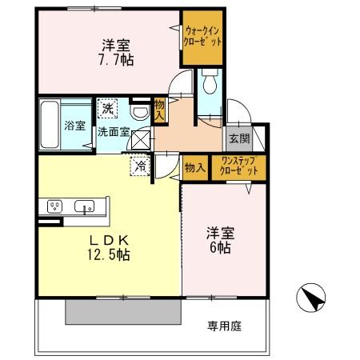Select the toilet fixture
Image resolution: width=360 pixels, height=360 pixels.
(210, 82)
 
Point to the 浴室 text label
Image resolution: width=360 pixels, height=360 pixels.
(74, 125)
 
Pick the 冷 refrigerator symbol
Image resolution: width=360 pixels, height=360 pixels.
(140, 167)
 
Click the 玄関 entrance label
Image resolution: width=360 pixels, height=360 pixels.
(238, 138)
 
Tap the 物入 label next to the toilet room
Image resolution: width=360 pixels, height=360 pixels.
(159, 110)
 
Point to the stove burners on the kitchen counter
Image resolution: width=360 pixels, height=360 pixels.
(55, 206)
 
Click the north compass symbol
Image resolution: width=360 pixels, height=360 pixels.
(310, 300)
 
